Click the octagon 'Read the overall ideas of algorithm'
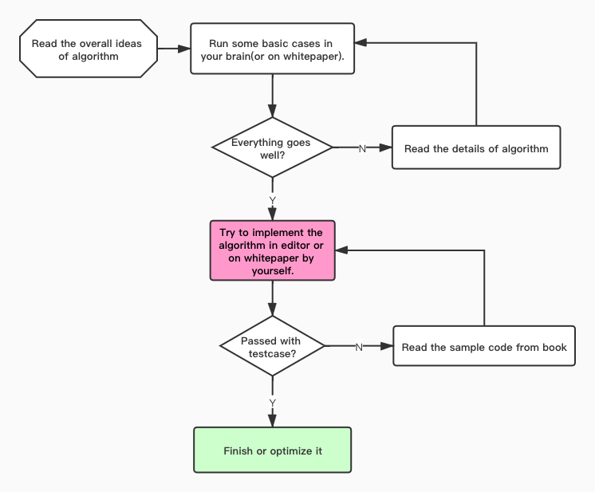[x=89, y=49]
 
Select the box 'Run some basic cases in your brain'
[x=273, y=49]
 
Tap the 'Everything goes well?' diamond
[x=273, y=148]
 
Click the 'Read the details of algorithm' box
[x=476, y=148]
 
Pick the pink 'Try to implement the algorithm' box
[x=273, y=250]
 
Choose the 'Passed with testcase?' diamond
[x=273, y=346]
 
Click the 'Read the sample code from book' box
[x=484, y=346]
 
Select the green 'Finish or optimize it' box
[x=273, y=451]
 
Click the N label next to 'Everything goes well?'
[x=362, y=148]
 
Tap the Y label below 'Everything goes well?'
[x=273, y=200]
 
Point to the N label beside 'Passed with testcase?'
[x=359, y=347]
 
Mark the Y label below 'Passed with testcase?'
[x=273, y=403]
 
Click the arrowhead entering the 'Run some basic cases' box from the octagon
[x=184, y=49]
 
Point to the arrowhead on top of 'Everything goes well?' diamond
[x=273, y=111]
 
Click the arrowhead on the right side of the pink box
[x=341, y=250]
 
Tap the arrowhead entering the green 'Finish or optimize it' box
[x=273, y=421]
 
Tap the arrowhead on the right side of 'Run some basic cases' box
[x=361, y=42]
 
